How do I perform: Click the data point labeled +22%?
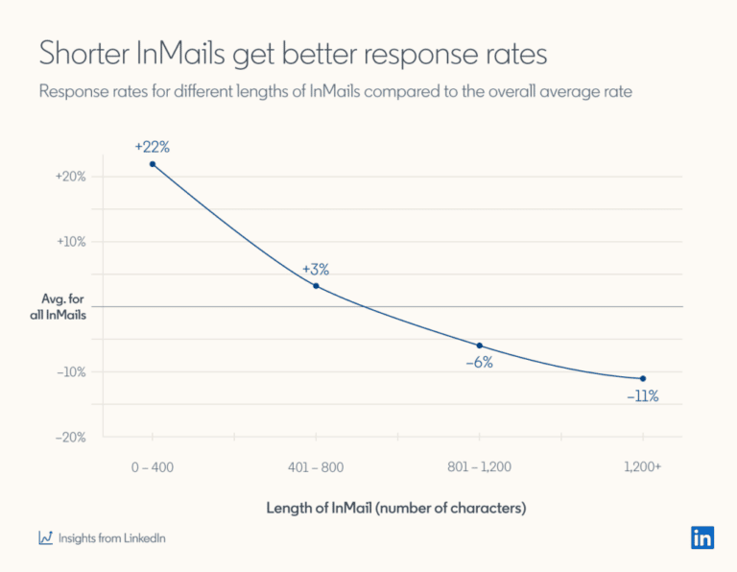[x=153, y=164]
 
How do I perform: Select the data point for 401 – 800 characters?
[x=316, y=286]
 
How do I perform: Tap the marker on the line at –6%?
[x=479, y=346]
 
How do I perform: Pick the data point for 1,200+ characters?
[x=642, y=378]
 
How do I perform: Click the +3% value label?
[x=317, y=269]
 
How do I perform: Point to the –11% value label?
[x=642, y=395]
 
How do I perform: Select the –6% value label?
[x=479, y=363]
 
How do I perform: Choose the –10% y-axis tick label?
[x=72, y=371]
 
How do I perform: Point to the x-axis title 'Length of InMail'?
[x=395, y=507]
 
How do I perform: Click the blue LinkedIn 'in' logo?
[x=701, y=537]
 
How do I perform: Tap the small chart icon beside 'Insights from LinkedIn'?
[x=45, y=538]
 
